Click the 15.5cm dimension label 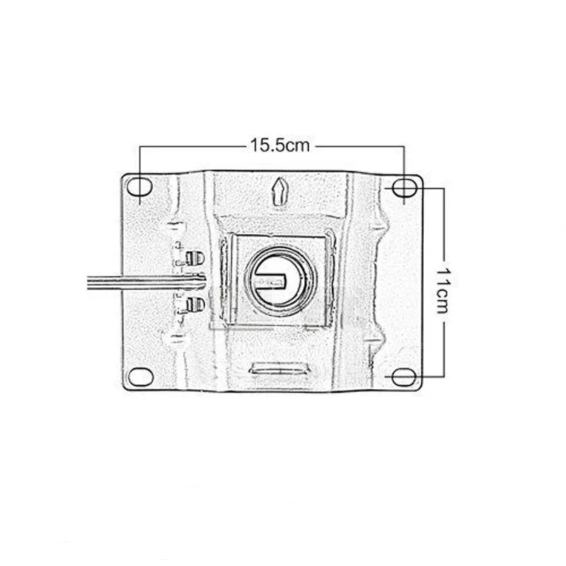[x=280, y=146]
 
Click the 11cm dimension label [x=444, y=291]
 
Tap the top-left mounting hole [x=139, y=187]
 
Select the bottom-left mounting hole [x=141, y=376]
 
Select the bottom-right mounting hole [x=404, y=377]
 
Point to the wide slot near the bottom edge [x=280, y=368]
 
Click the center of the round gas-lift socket [x=279, y=281]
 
